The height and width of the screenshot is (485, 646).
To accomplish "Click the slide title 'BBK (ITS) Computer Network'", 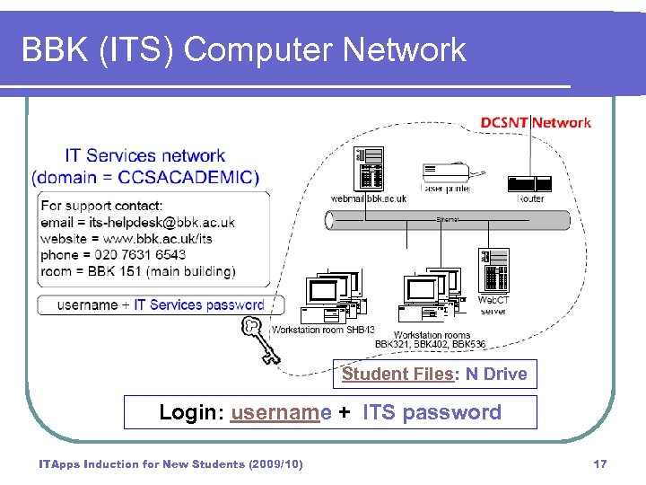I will coord(244,49).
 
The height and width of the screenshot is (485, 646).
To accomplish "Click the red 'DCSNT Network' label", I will coord(536,122).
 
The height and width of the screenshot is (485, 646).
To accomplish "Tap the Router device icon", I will coord(529,183).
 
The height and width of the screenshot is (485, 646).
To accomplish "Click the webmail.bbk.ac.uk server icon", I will coord(369,168).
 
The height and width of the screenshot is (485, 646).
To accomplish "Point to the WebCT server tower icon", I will coord(493,269).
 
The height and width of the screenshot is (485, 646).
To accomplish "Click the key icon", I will coord(259,339).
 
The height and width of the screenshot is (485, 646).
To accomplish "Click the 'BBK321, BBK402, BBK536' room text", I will coord(430,344).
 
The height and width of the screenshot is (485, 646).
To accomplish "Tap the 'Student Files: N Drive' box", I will coord(435,375).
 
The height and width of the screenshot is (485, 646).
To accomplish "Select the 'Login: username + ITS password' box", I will coord(330,412).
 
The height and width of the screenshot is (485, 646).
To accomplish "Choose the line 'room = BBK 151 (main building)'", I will coord(137,271).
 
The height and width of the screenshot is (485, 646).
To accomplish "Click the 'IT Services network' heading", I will coord(144,156).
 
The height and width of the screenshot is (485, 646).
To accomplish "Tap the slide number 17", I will coord(600,463).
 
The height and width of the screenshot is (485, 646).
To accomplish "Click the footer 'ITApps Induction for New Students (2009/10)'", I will coord(170,463).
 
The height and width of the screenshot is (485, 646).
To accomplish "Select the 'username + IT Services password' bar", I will coord(160,304).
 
